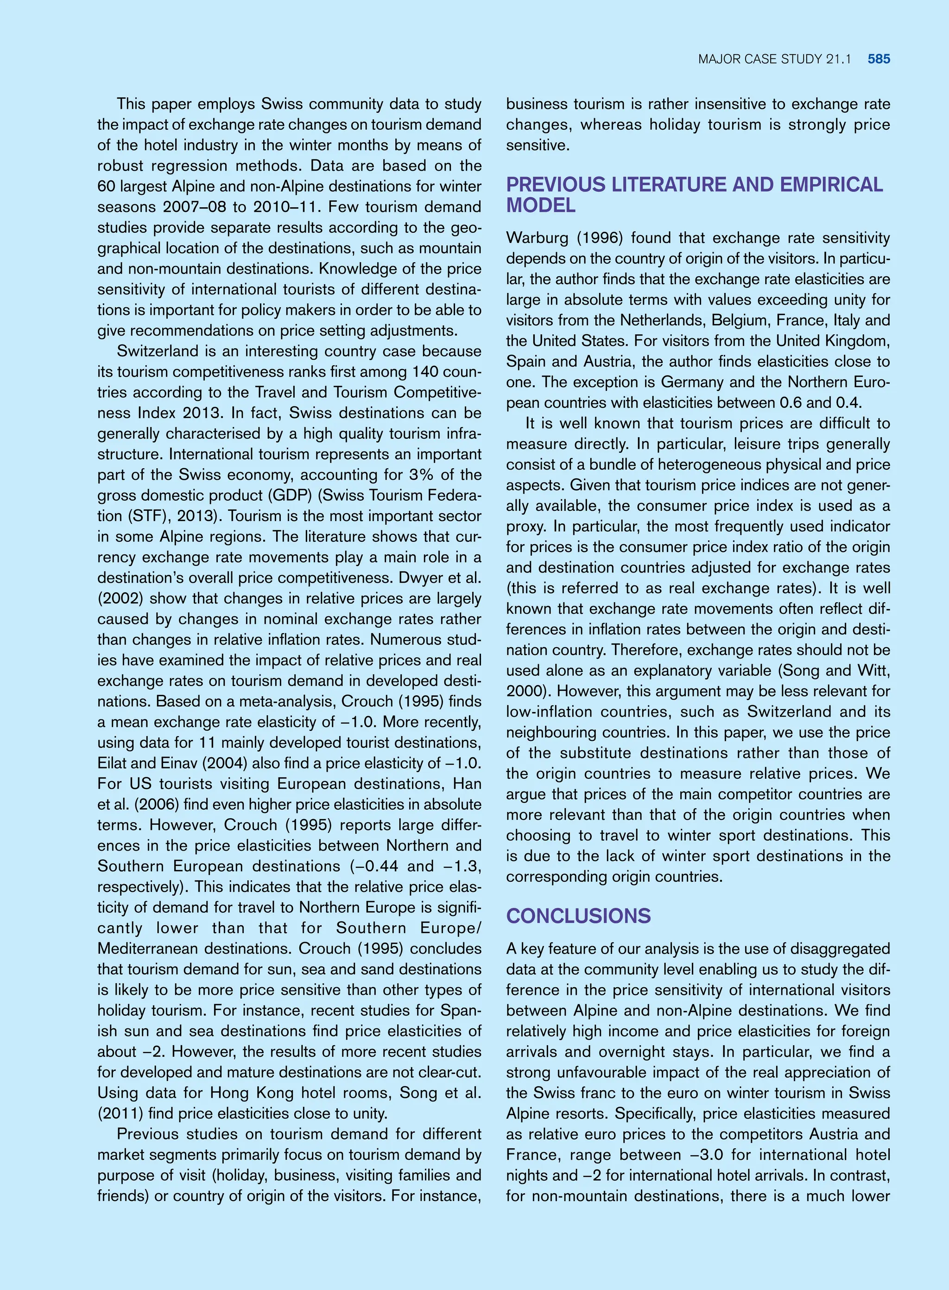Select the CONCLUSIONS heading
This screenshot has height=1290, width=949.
[x=578, y=916]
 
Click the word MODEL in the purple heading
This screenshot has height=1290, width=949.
[x=541, y=205]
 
